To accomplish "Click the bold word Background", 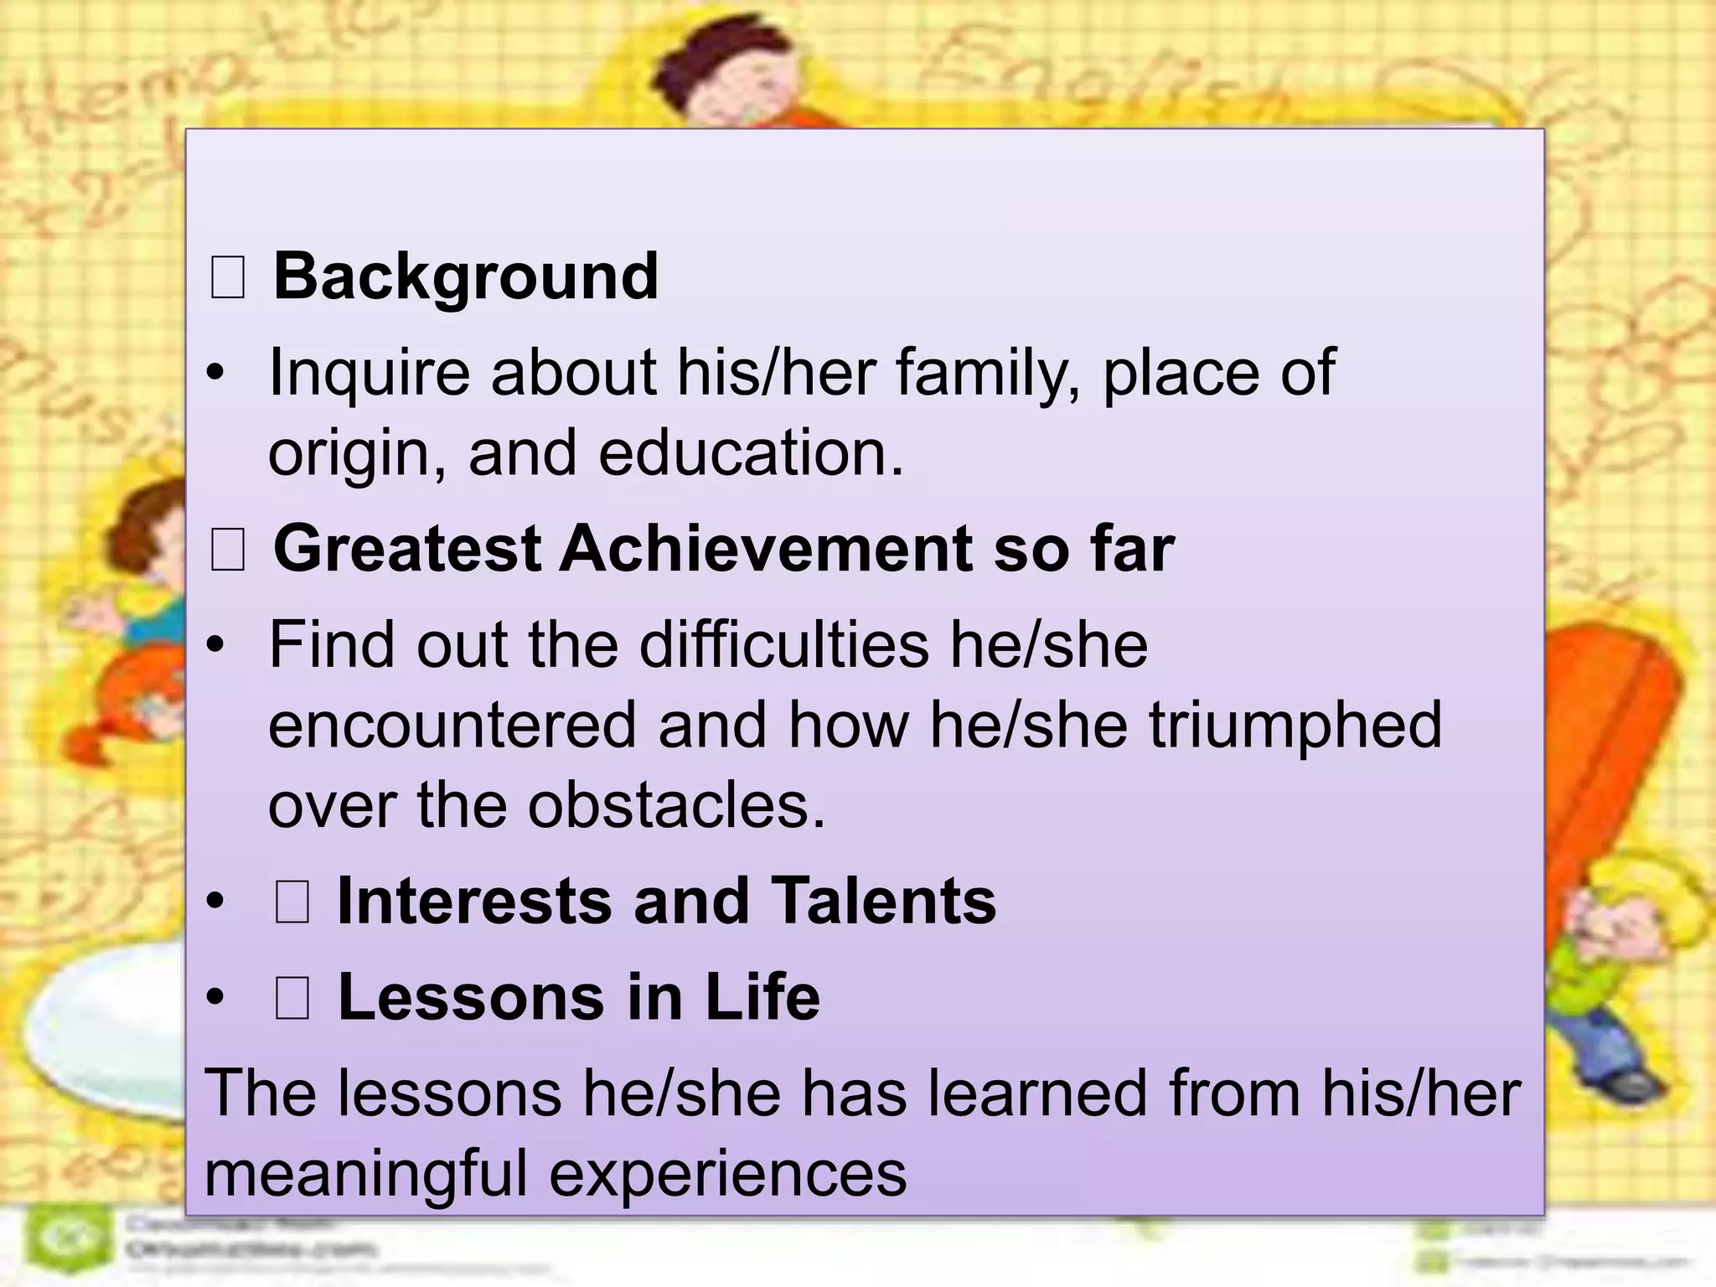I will point(466,277).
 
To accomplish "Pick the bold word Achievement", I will point(766,549).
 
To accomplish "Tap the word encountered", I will point(453,725).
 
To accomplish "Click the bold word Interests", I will point(474,901).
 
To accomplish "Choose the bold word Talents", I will point(883,901).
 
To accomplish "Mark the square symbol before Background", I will point(227,279).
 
